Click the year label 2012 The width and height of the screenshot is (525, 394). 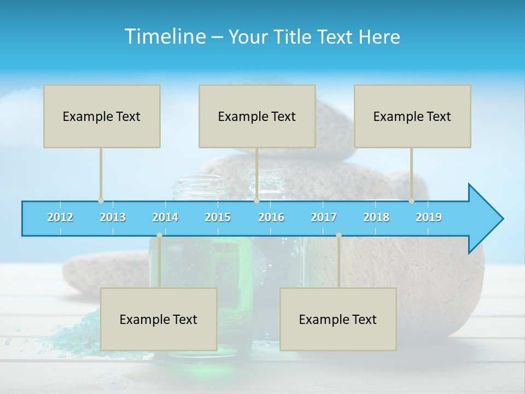tap(60, 217)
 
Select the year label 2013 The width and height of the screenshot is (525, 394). tap(113, 217)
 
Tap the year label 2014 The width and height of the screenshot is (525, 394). tap(165, 217)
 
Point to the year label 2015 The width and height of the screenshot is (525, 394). tap(218, 217)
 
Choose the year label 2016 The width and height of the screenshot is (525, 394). tap(271, 217)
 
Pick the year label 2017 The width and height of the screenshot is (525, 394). tap(324, 217)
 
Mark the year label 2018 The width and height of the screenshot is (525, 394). tap(376, 217)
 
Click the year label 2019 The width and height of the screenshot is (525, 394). tap(429, 217)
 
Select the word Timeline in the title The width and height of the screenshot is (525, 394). tap(164, 37)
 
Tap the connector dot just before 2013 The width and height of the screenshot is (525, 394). tap(101, 201)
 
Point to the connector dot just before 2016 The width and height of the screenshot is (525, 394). tap(256, 201)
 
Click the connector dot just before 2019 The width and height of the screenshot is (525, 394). tap(412, 201)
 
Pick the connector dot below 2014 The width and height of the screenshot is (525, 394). tap(159, 235)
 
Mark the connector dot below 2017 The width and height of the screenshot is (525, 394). tap(339, 235)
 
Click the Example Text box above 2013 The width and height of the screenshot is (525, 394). tap(102, 116)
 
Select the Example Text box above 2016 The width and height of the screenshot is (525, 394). tap(257, 116)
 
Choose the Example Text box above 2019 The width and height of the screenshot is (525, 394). tap(412, 116)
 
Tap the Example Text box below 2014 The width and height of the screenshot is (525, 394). tap(159, 319)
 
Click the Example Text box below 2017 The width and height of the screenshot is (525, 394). tap(338, 319)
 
